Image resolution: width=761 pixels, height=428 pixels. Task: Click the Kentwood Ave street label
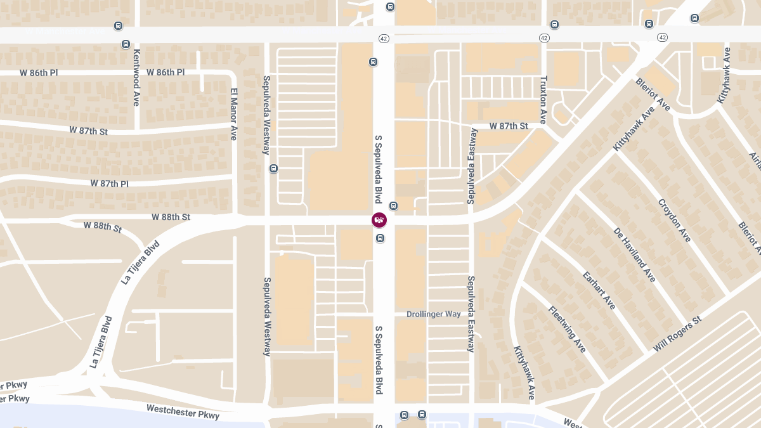(136, 79)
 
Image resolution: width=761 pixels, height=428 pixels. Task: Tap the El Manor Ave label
(233, 114)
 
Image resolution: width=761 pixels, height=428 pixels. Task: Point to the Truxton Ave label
(543, 100)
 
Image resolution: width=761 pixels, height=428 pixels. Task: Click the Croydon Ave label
(674, 221)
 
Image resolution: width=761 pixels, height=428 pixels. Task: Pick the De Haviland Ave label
(634, 254)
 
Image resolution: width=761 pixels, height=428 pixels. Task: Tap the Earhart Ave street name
(599, 290)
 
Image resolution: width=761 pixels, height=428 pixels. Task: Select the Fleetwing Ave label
(567, 329)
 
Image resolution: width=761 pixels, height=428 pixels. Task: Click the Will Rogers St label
(678, 334)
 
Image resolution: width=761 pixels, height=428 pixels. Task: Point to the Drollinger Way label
(434, 315)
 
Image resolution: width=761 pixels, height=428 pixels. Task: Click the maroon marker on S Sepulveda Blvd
(379, 220)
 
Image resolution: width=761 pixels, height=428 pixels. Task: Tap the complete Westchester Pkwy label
(183, 412)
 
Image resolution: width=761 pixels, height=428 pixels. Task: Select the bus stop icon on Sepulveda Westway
(274, 169)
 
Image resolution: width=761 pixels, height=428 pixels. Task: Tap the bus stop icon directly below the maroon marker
(380, 238)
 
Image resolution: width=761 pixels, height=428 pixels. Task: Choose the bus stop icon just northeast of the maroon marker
(393, 205)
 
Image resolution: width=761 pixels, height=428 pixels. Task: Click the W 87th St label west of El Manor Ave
(89, 131)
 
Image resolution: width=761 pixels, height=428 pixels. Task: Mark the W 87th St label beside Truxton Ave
(509, 126)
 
